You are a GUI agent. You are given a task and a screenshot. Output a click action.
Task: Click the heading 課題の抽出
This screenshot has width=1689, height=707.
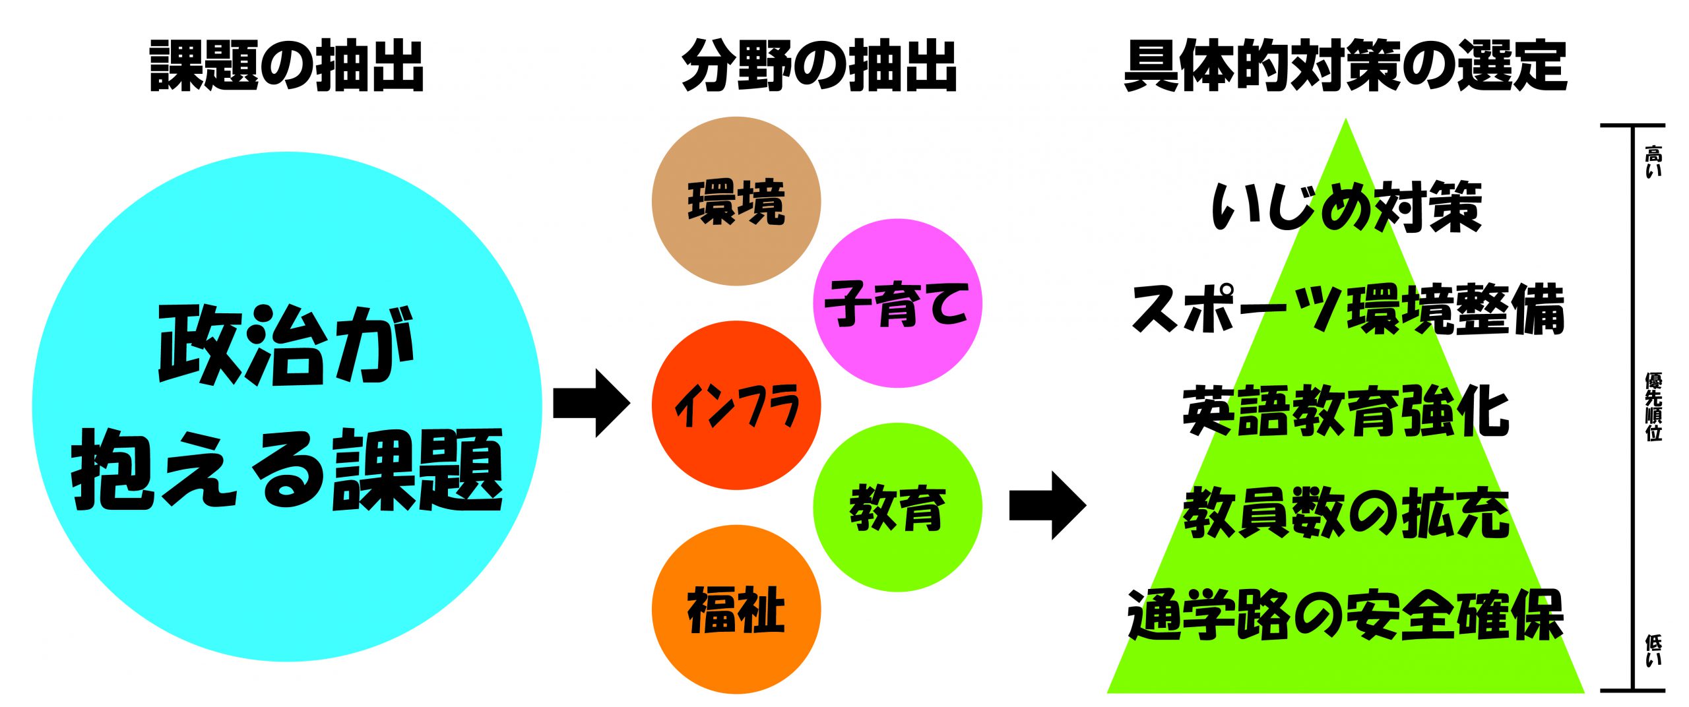[x=287, y=66]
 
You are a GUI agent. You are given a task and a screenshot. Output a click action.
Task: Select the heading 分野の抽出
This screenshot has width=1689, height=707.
[x=819, y=66]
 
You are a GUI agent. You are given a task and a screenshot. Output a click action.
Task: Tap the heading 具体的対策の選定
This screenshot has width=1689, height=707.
[x=1345, y=66]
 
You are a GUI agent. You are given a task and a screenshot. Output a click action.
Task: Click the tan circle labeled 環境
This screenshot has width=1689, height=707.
[x=736, y=201]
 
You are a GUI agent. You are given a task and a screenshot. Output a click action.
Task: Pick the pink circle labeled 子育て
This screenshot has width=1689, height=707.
[x=897, y=303]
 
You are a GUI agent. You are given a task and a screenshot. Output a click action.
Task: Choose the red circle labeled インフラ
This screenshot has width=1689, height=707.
[x=736, y=406]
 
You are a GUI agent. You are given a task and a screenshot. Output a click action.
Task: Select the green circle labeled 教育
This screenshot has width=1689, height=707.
[x=897, y=508]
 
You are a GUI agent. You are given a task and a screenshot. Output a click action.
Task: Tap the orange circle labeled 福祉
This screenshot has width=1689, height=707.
[x=736, y=609]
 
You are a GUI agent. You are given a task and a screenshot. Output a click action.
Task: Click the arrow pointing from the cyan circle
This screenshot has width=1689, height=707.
[x=590, y=403]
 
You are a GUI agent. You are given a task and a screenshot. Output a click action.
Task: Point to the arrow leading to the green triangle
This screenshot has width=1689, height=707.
[x=1047, y=505]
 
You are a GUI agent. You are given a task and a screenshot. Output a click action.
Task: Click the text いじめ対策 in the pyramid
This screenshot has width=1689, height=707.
[x=1346, y=206]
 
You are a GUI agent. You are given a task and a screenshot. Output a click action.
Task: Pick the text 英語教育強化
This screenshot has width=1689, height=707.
[x=1346, y=412]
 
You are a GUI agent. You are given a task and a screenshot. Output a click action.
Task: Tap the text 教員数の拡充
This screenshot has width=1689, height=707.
[x=1346, y=514]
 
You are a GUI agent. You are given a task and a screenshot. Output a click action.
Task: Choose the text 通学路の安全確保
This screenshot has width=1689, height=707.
[x=1346, y=616]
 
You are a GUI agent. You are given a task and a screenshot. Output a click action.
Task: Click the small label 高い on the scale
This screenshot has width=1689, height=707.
[x=1653, y=162]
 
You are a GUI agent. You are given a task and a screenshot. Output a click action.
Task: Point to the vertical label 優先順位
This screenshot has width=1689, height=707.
[x=1653, y=406]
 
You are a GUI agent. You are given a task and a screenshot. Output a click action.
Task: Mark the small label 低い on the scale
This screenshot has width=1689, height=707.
[x=1653, y=650]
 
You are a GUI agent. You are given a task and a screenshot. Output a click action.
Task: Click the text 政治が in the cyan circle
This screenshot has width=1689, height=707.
[x=287, y=344]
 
